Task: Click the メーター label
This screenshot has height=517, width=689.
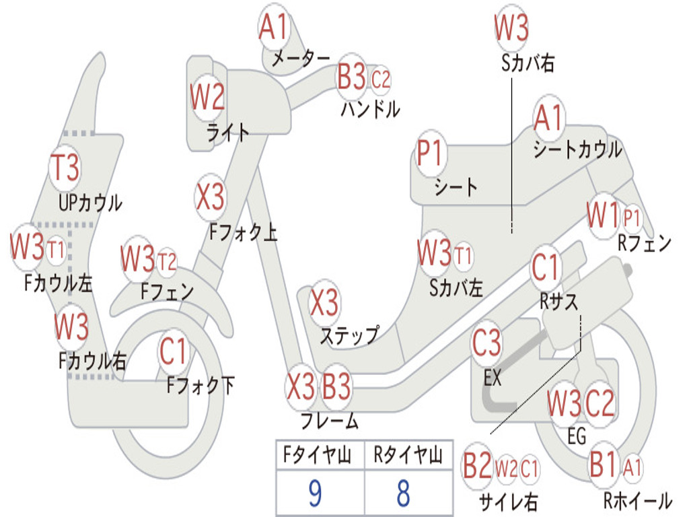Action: click(300, 59)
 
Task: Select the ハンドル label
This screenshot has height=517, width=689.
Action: click(370, 108)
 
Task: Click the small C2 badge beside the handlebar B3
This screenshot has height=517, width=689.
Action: click(381, 79)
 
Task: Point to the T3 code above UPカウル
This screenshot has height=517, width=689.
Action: click(65, 167)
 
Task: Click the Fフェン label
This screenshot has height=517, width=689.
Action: click(167, 291)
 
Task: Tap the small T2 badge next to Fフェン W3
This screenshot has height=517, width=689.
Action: click(167, 261)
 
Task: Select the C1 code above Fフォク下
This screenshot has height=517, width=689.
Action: click(174, 351)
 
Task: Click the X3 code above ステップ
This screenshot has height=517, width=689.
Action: click(324, 304)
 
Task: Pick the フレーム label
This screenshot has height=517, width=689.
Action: click(329, 421)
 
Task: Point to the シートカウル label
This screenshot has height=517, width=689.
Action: click(577, 149)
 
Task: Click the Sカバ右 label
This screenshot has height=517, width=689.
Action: click(528, 63)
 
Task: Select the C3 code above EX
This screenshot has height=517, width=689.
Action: click(486, 344)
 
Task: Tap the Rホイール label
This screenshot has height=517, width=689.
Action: click(637, 500)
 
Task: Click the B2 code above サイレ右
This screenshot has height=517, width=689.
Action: click(477, 467)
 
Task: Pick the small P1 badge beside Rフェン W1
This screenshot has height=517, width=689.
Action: click(632, 218)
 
